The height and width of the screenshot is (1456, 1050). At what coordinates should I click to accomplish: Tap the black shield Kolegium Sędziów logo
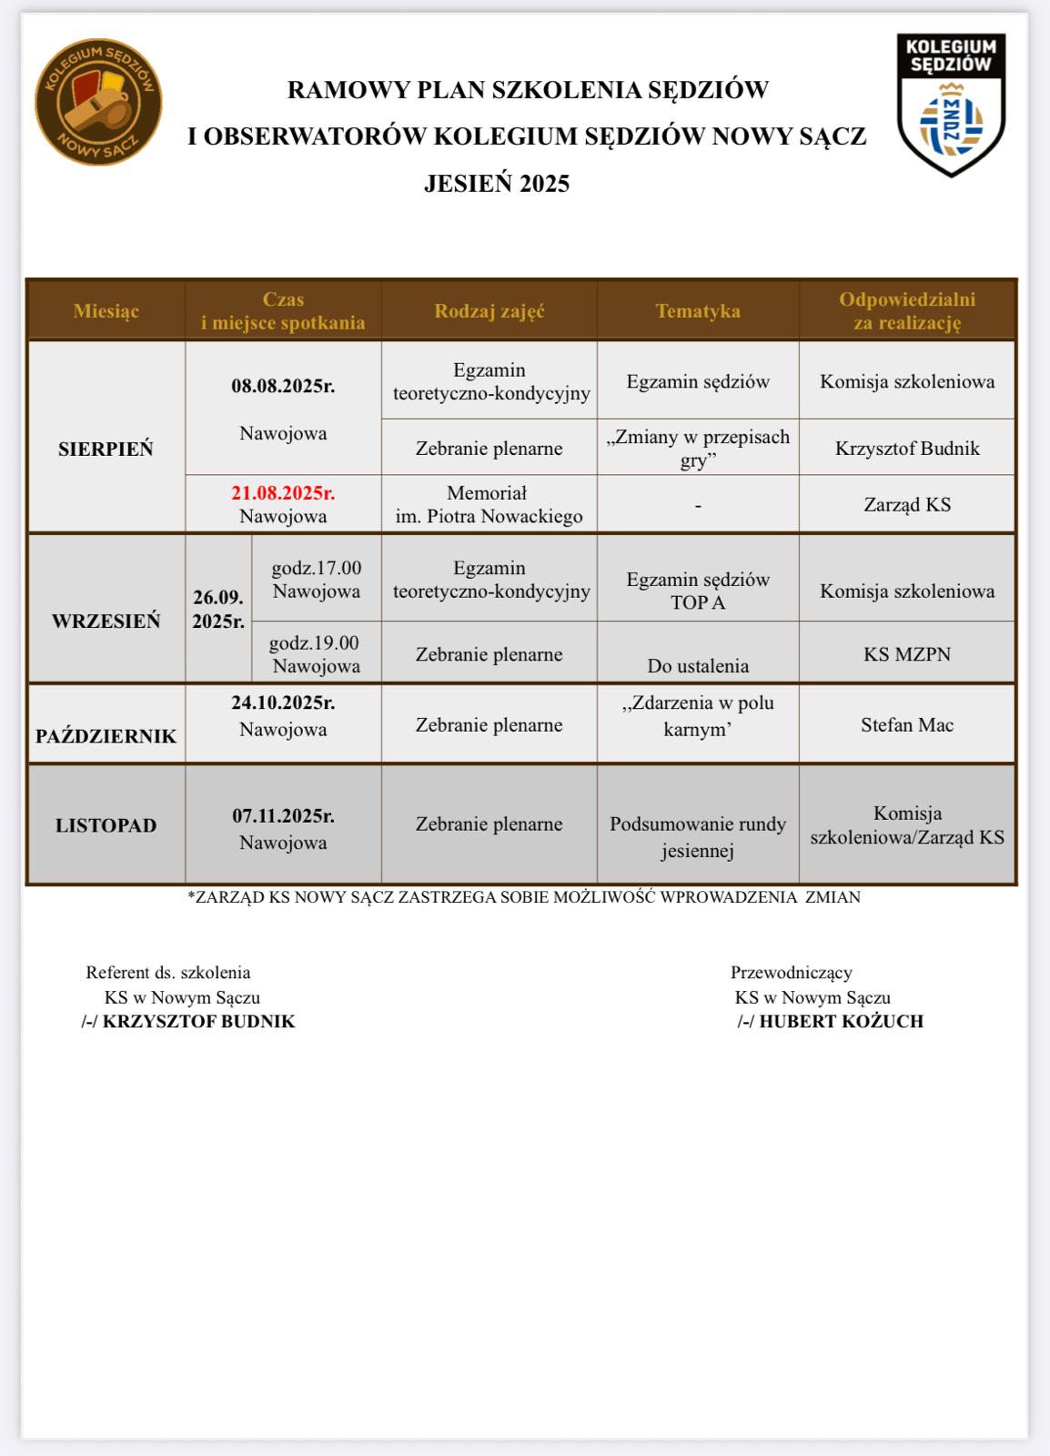951,105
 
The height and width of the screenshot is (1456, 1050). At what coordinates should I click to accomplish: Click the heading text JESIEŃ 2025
497,184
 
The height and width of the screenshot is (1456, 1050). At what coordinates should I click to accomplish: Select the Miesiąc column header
106,311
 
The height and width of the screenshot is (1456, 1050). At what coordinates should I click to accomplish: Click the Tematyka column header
698,311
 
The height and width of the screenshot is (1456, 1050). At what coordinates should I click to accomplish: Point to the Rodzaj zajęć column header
490,311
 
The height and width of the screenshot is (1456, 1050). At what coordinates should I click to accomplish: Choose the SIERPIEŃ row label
106,449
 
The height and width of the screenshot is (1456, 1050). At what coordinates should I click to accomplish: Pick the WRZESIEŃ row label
106,621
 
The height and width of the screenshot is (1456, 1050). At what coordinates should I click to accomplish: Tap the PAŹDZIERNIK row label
106,736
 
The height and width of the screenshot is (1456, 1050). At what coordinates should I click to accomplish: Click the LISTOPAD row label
106,825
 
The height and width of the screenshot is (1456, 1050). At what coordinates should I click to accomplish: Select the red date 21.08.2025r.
283,493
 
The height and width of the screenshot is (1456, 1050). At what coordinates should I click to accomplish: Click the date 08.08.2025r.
283,386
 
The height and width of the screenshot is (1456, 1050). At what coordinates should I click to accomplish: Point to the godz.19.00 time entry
315,642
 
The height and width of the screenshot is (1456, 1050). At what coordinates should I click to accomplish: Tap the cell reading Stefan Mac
907,725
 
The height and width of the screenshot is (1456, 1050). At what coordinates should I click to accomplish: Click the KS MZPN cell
907,654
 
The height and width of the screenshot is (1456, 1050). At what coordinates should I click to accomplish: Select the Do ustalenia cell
698,666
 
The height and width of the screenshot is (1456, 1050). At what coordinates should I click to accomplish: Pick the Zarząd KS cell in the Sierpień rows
907,504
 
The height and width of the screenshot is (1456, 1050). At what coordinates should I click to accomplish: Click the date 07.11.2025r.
283,815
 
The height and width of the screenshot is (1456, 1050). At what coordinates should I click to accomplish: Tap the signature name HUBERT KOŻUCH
842,1021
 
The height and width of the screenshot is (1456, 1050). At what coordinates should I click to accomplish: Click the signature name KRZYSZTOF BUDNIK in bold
199,1021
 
